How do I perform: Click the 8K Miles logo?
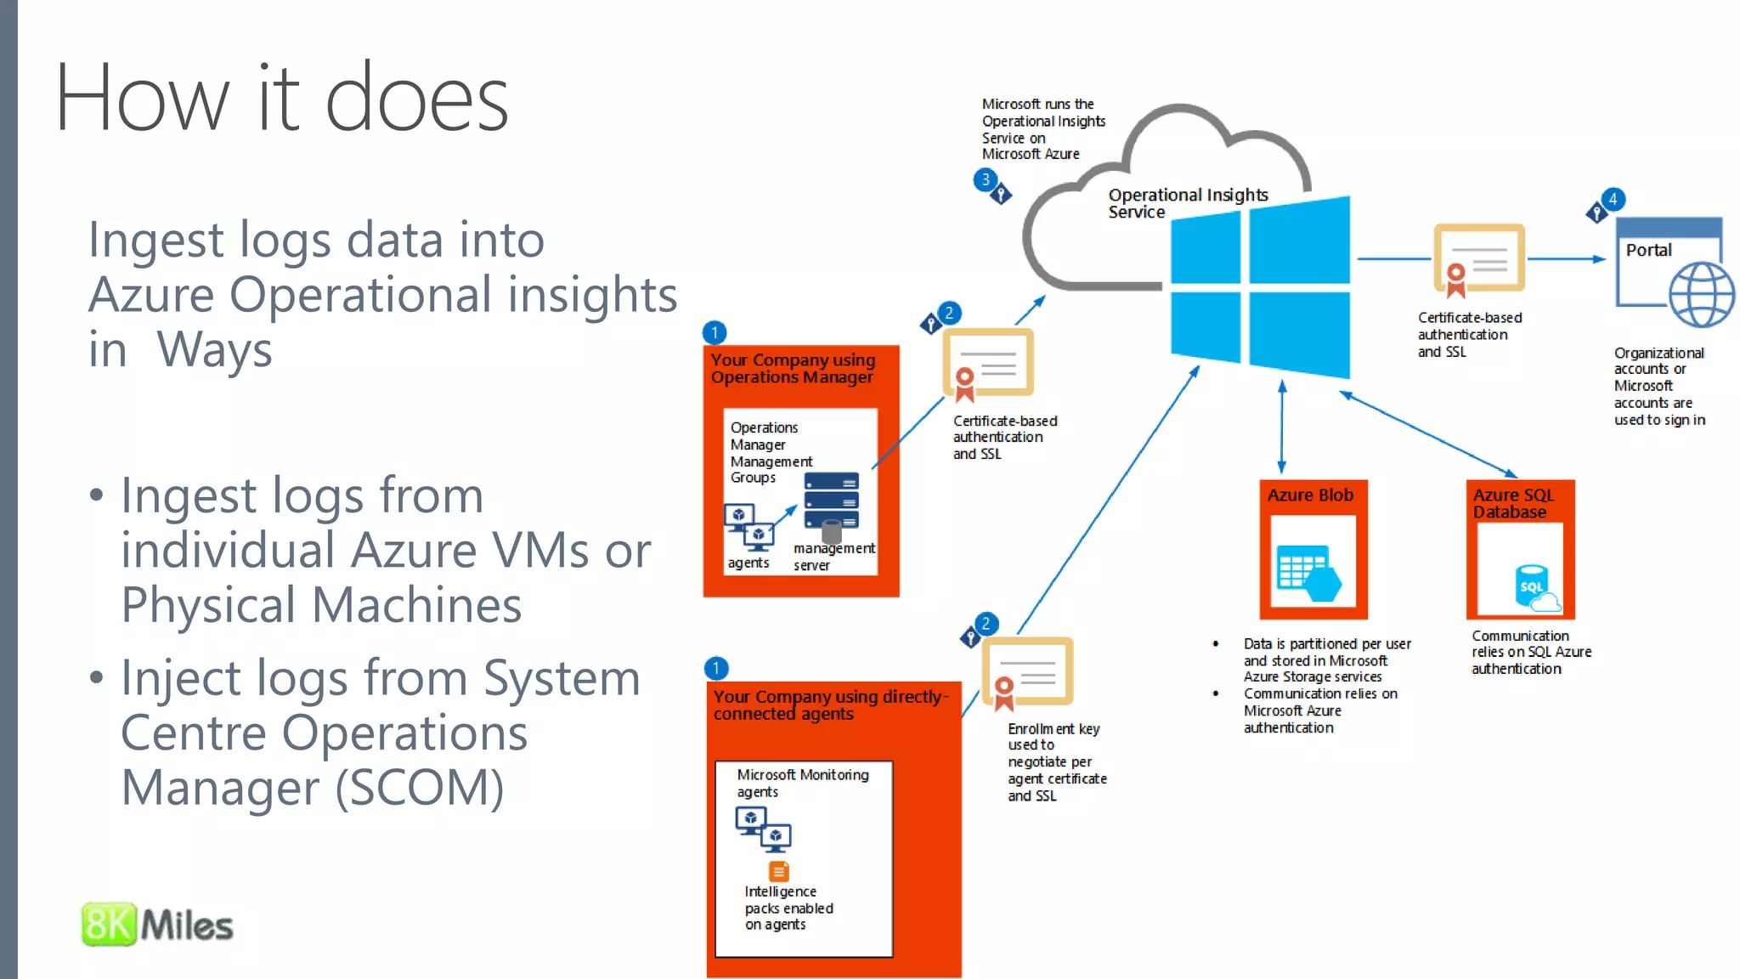(157, 925)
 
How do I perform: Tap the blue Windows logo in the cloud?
(1260, 287)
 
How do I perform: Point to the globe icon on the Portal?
(1701, 295)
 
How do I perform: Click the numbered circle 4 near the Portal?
(1613, 199)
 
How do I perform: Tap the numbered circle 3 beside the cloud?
(985, 179)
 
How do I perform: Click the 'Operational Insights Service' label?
(1187, 203)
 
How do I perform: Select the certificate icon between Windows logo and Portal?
(1478, 260)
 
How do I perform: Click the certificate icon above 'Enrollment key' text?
(1027, 672)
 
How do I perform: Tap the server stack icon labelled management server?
(831, 502)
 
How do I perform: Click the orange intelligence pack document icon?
(778, 871)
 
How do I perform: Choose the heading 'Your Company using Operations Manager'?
(793, 369)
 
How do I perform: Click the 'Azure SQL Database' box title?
(1513, 503)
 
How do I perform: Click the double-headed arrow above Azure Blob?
(1281, 427)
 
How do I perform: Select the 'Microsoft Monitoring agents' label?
(802, 783)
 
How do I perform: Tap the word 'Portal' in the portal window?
(1648, 250)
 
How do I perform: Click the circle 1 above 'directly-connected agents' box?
(716, 668)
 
